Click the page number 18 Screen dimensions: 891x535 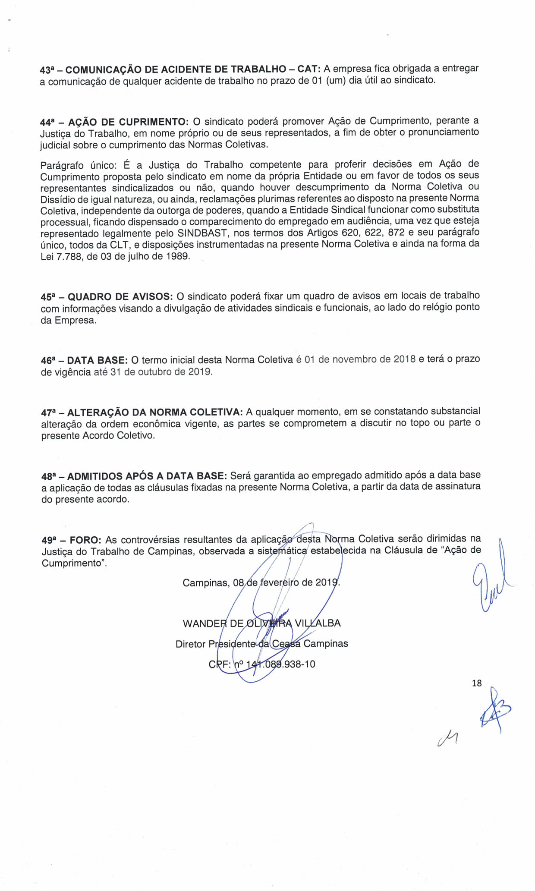pyautogui.click(x=477, y=683)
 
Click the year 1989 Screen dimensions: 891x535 pyautogui.click(x=177, y=256)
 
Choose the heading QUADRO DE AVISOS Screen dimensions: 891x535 pyautogui.click(x=120, y=297)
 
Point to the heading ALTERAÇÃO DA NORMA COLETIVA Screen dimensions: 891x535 pyautogui.click(x=155, y=412)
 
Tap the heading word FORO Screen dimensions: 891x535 pyautogui.click(x=85, y=540)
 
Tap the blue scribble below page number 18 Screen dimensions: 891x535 pyautogui.click(x=494, y=710)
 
